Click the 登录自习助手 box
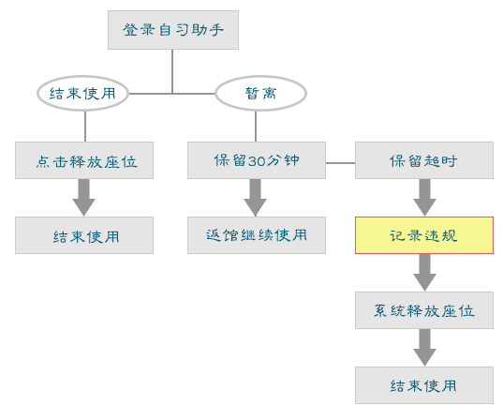pos(173,30)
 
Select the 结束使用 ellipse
pos(82,94)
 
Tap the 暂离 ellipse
pos(260,94)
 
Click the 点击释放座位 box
pos(84,160)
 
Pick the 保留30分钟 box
pos(257,160)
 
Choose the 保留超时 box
pos(424,160)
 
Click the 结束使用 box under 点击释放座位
pos(84,235)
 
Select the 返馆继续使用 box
pos(257,235)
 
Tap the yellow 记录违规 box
pos(424,235)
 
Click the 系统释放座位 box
pos(424,310)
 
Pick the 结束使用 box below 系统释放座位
pos(424,385)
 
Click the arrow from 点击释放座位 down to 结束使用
pos(83,198)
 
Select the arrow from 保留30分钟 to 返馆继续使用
pos(256,198)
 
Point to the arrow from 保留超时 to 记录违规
pos(424,198)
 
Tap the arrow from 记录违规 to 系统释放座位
pos(424,273)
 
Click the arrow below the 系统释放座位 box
pos(424,348)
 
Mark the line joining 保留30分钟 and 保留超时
pos(340,163)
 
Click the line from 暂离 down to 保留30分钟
pos(256,127)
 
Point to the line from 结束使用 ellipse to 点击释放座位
pos(85,127)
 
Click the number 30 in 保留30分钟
pos(257,161)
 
